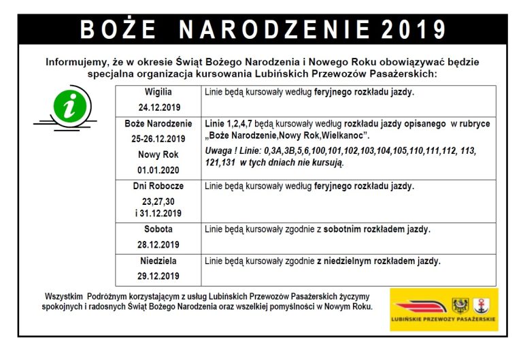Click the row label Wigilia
tap(158, 91)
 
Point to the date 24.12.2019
tap(158, 108)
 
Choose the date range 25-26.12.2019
tap(158, 139)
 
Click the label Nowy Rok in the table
tap(158, 154)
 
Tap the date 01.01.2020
tap(158, 170)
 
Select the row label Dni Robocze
tap(158, 186)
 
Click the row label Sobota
tap(158, 229)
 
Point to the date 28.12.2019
tap(158, 245)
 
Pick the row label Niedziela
tap(158, 261)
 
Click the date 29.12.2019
tap(158, 276)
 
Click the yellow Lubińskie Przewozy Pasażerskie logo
tap(443, 310)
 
